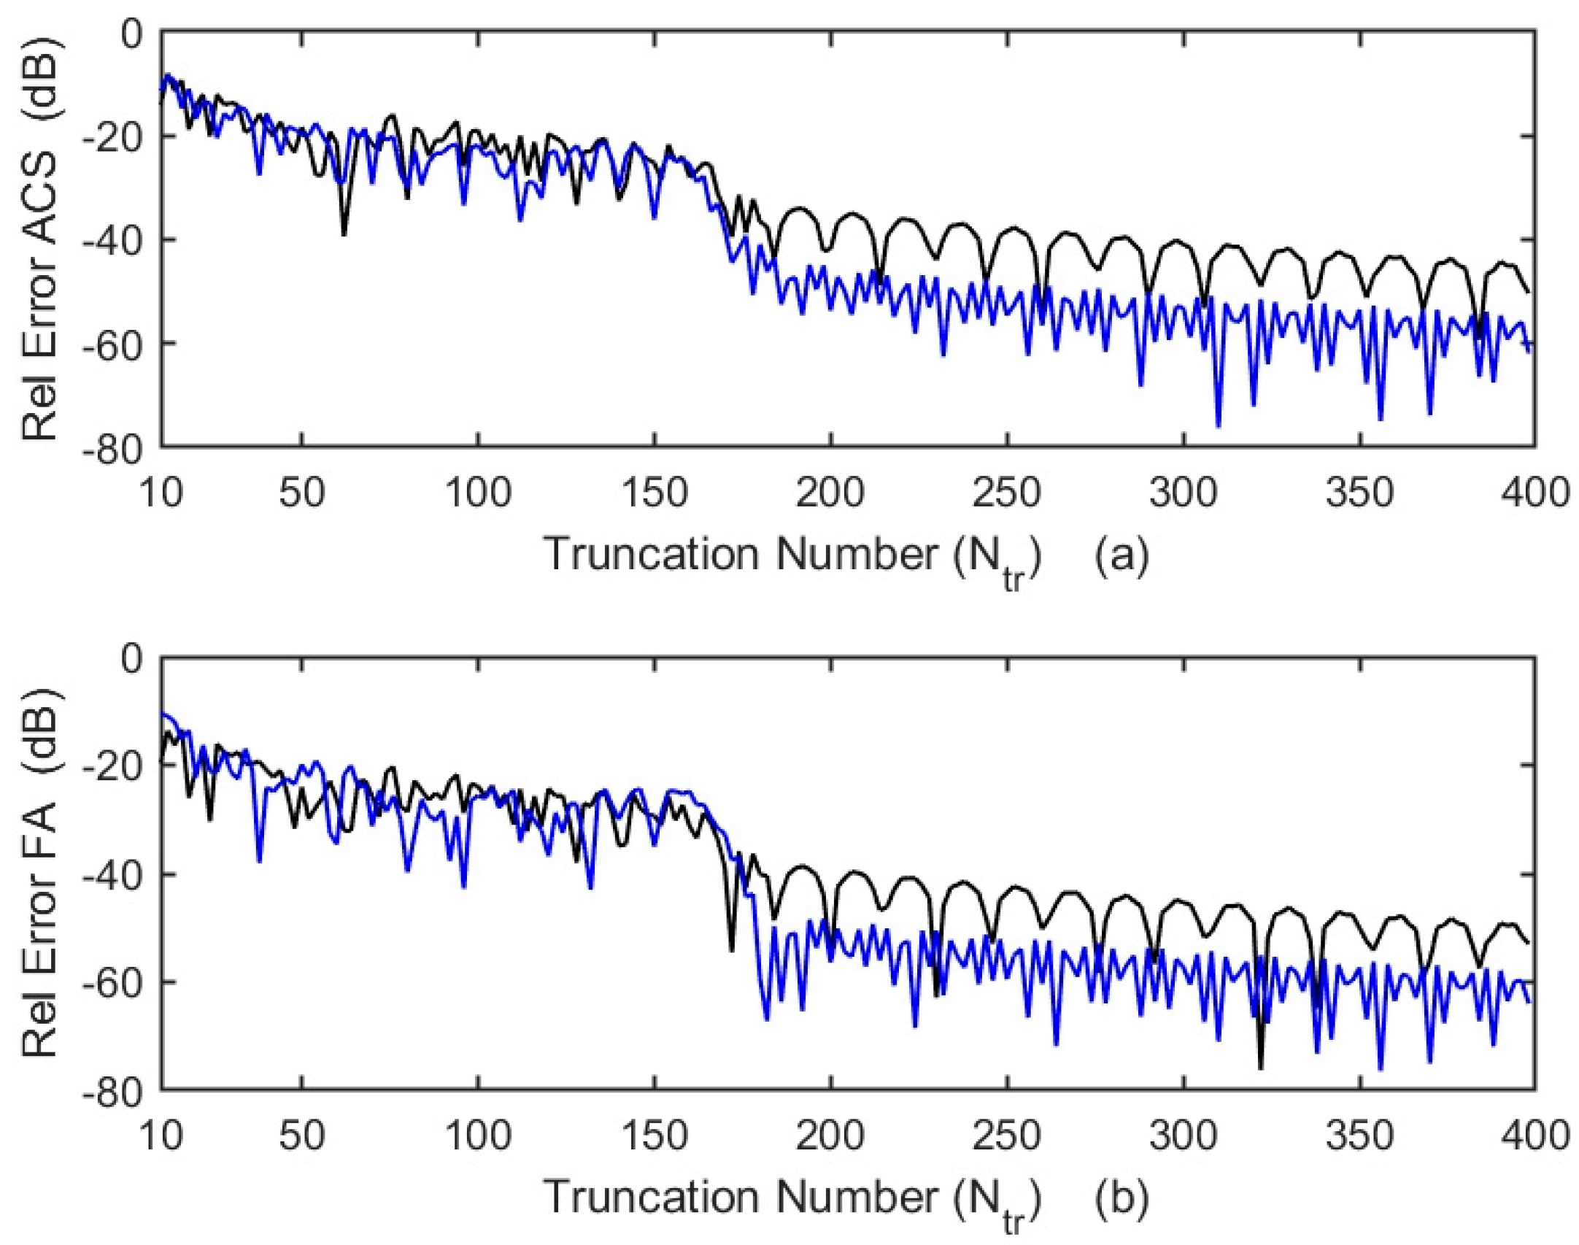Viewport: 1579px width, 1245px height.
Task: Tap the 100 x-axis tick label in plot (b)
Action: click(478, 1136)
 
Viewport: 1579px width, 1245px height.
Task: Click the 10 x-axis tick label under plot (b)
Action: click(161, 1136)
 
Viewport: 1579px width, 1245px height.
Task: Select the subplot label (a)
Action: click(1121, 555)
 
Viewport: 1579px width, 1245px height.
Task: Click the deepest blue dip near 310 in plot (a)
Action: click(1218, 425)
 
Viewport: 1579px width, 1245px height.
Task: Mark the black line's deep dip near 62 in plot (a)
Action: click(344, 234)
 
